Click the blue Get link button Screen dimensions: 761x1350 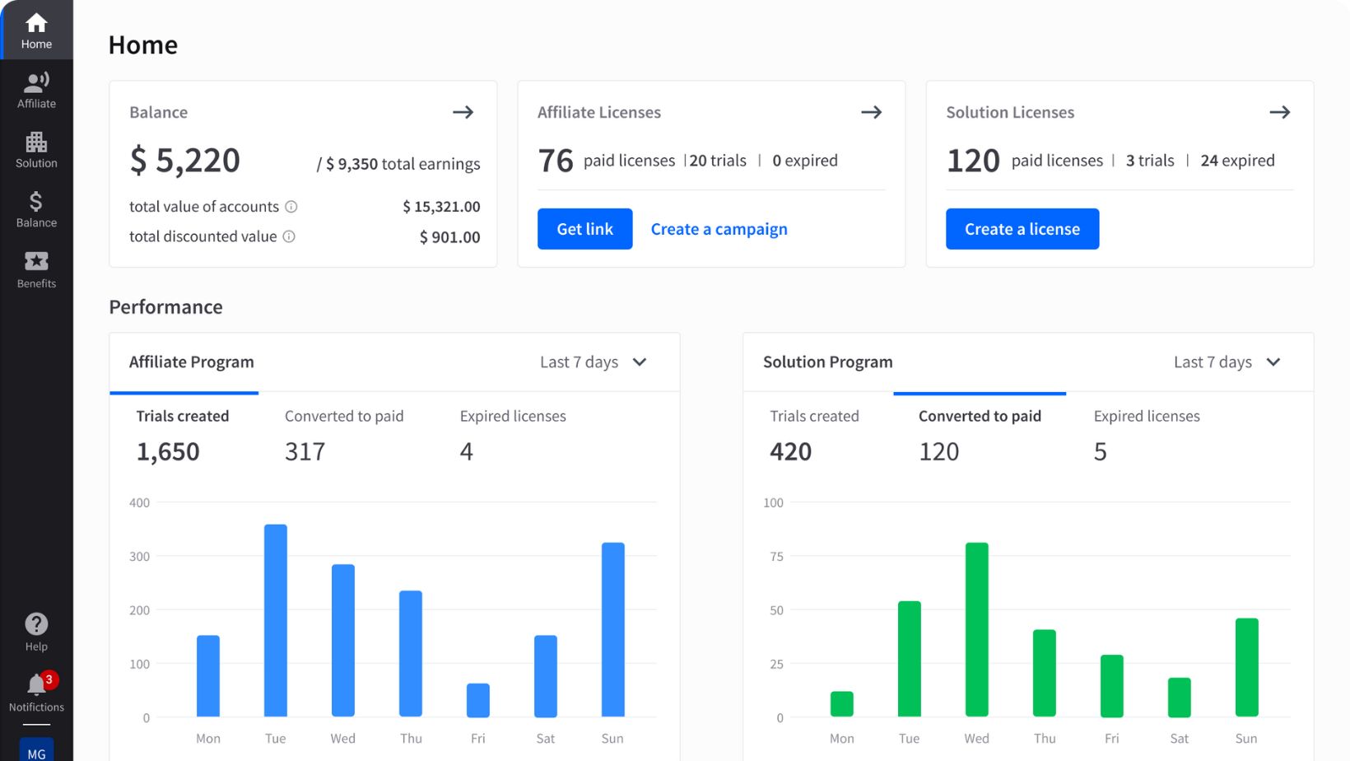coord(584,229)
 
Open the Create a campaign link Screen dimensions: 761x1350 coord(719,229)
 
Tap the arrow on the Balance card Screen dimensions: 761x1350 coord(463,112)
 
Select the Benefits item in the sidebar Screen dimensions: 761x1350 coord(36,269)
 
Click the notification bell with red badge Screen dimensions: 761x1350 coord(36,685)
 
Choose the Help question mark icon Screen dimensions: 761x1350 coord(36,624)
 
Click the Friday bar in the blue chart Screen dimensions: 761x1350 coord(477,700)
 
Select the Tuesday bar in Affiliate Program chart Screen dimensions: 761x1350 coord(276,620)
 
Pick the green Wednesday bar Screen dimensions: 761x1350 coord(976,629)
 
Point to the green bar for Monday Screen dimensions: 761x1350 coord(841,704)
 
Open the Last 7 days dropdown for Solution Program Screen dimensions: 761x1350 coord(1227,362)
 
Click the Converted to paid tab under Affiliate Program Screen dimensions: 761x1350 coord(344,417)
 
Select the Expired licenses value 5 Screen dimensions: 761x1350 coord(1100,451)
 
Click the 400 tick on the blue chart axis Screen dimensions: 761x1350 coord(139,502)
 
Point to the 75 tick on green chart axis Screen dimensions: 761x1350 coord(776,557)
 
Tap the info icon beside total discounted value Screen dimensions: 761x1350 coord(289,236)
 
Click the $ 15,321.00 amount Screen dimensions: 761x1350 coord(441,207)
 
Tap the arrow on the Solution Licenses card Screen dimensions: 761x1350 coord(1279,112)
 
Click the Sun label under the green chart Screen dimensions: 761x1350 coord(1245,739)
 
